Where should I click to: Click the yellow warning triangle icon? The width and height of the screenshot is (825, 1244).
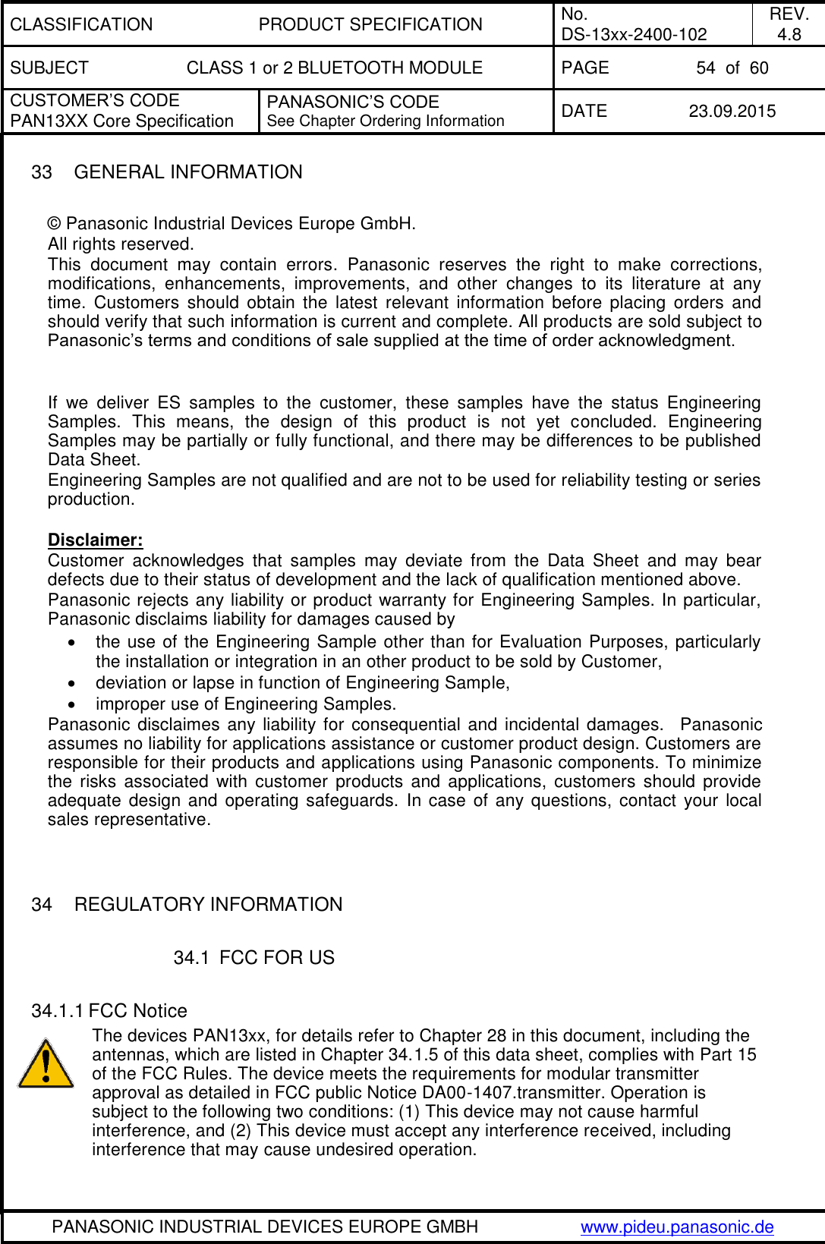[x=46, y=1064]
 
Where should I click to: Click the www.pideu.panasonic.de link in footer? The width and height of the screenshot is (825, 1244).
[x=677, y=1227]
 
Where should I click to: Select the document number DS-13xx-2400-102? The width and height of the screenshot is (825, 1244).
[x=634, y=34]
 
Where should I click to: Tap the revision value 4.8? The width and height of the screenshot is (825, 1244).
[x=789, y=34]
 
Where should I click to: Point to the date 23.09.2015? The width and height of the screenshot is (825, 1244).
[x=732, y=111]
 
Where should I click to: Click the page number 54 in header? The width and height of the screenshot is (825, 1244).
[x=705, y=68]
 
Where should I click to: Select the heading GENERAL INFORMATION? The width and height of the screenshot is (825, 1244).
[x=188, y=172]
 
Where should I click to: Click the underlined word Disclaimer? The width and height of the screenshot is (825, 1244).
[x=95, y=540]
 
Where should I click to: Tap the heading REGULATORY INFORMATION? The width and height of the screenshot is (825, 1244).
[x=208, y=905]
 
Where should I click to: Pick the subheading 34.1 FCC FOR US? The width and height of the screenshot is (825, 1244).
[x=253, y=958]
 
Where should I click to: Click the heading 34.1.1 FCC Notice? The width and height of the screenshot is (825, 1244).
[x=109, y=1011]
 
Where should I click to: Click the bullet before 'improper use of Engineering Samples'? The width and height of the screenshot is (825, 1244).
[x=71, y=704]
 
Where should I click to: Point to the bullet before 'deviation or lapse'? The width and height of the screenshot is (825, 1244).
[x=71, y=682]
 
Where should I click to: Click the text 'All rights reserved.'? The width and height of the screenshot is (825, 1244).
[x=121, y=244]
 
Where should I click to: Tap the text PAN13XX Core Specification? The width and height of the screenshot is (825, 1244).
[x=121, y=121]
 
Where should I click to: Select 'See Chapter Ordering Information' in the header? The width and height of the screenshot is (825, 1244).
[x=386, y=121]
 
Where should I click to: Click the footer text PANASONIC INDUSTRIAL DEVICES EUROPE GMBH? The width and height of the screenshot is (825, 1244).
[x=265, y=1227]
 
